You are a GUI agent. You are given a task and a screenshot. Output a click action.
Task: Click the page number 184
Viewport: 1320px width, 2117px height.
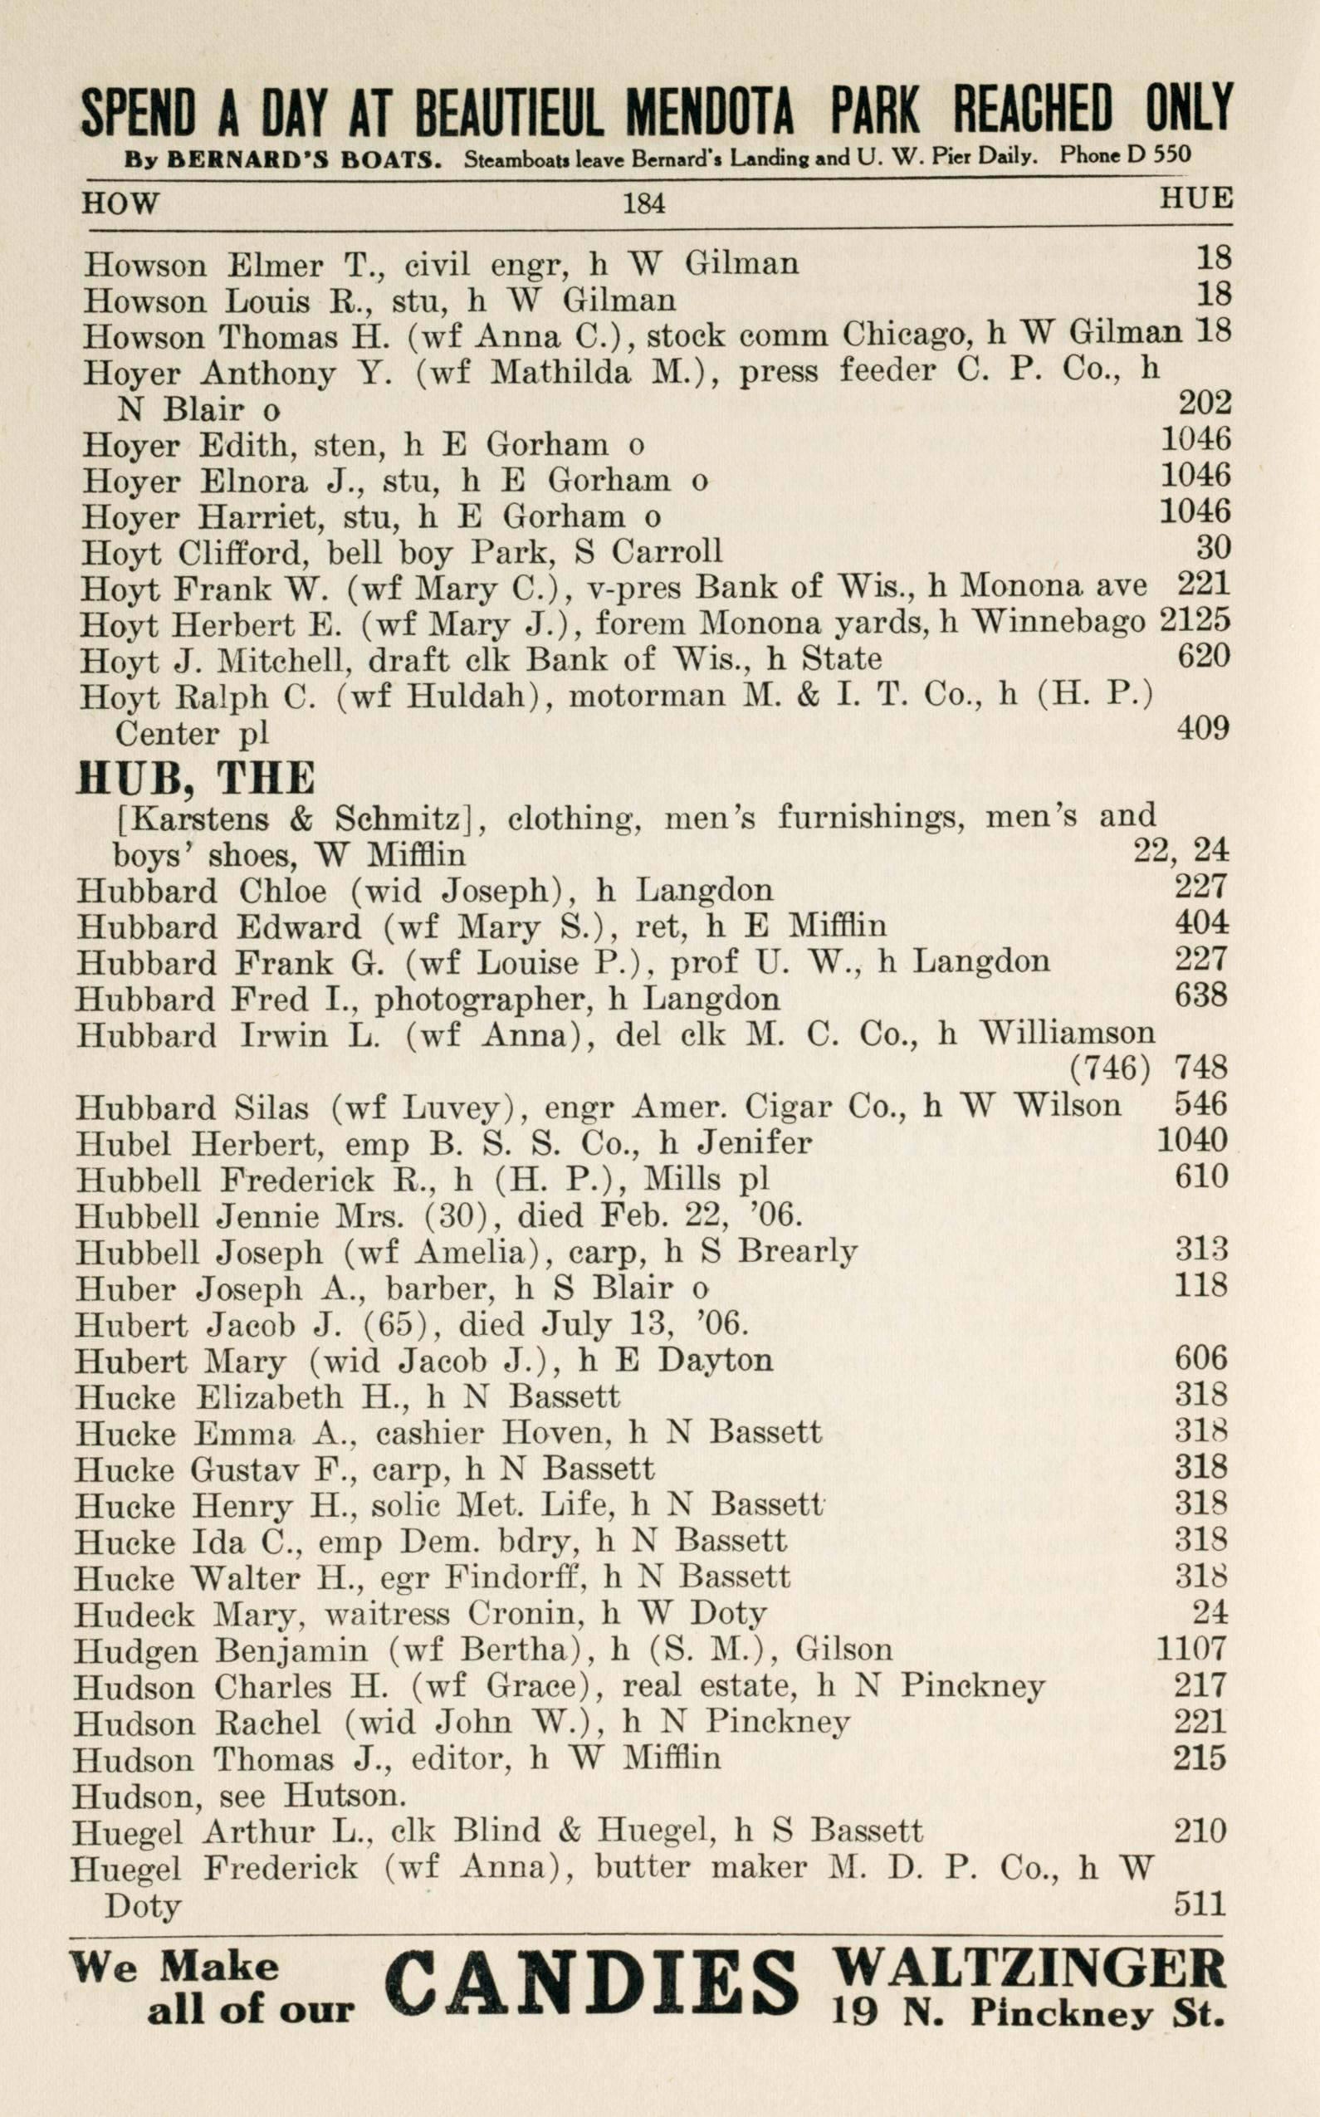coord(643,204)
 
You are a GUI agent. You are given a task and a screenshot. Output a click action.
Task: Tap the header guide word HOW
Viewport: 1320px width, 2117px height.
coord(120,203)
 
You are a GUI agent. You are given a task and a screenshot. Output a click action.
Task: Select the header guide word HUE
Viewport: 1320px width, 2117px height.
coord(1195,199)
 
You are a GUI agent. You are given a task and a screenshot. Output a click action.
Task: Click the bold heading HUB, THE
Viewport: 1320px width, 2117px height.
coord(196,778)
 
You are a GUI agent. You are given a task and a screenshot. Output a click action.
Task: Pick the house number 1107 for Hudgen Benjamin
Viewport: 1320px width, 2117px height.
coord(1190,1648)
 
